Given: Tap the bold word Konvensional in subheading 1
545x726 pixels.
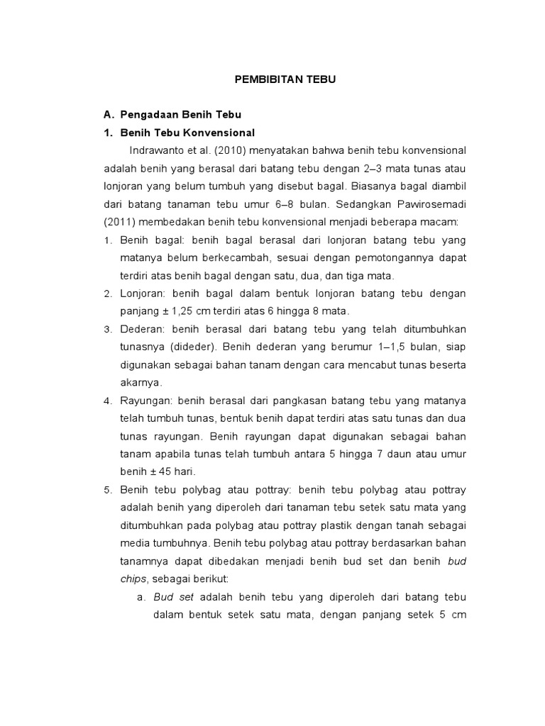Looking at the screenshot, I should [219, 133].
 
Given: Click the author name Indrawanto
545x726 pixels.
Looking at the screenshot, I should [155, 150].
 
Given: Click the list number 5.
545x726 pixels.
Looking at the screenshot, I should [108, 490].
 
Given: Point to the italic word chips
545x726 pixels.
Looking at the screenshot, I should [133, 579].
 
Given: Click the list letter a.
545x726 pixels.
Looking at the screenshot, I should [142, 597].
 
